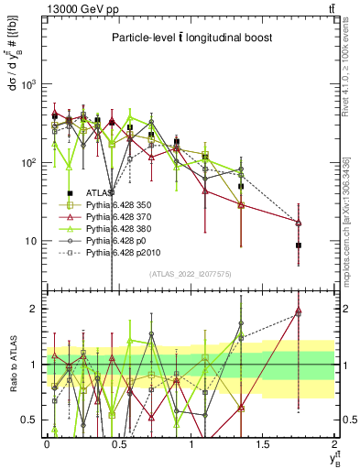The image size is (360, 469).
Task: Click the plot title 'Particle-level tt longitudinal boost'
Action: click(191, 38)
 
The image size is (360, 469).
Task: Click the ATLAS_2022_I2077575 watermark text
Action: click(190, 274)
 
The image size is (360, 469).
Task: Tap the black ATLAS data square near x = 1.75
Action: click(299, 245)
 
